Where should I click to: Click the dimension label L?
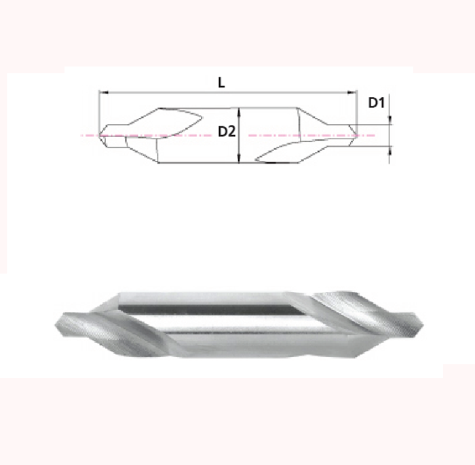coord(221,82)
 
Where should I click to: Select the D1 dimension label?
coord(377,103)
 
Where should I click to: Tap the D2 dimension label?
coord(226,132)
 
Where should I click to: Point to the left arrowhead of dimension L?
coord(102,92)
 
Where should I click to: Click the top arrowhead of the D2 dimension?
coord(240,109)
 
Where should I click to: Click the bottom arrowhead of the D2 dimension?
coord(240,160)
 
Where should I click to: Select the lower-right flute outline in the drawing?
coord(278,152)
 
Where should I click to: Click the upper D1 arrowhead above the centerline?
coord(390,121)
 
